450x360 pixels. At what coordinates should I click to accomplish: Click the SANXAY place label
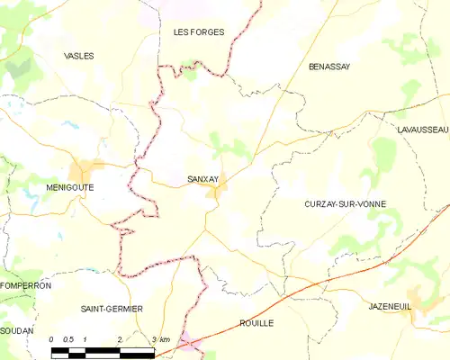[x=202, y=179]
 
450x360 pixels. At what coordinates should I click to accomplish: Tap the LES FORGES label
[x=198, y=31]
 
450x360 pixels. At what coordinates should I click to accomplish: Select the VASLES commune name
[x=79, y=56]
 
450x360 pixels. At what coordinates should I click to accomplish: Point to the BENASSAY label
[x=328, y=67]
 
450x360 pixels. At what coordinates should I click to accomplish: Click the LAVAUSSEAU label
[x=422, y=130]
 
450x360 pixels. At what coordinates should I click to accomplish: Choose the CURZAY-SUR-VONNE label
[x=346, y=204]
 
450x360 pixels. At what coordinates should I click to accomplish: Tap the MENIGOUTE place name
[x=69, y=187]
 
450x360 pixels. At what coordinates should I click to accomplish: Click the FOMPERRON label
[x=26, y=285]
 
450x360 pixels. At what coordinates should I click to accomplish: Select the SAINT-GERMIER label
[x=112, y=309]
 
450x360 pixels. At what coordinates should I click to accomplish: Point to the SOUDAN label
[x=16, y=331]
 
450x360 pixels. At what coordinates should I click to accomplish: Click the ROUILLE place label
[x=256, y=322]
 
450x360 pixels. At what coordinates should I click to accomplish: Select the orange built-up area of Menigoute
[x=87, y=168]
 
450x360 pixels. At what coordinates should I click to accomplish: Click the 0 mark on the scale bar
[x=51, y=338]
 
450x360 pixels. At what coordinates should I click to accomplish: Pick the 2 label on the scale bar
[x=119, y=338]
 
